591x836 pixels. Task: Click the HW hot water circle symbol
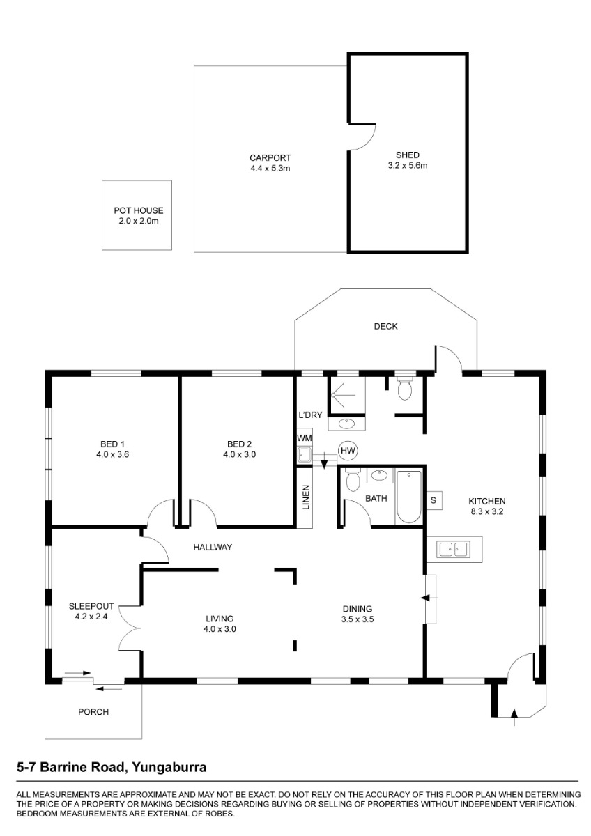[348, 451]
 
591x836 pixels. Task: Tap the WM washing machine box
[305, 438]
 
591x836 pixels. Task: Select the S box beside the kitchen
[433, 500]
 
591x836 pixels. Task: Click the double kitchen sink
[454, 550]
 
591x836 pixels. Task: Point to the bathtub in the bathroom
[409, 497]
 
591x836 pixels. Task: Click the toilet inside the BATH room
[353, 480]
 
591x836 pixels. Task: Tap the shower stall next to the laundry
[346, 396]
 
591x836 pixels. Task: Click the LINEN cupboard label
[306, 497]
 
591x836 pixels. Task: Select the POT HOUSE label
[139, 210]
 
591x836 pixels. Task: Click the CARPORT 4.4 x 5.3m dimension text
[270, 169]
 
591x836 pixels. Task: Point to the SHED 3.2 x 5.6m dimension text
[408, 165]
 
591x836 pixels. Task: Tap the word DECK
[385, 327]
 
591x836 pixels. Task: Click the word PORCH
[93, 712]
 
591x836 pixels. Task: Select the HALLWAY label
[213, 547]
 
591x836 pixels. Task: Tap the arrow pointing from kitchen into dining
[429, 598]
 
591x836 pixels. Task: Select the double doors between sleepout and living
[130, 628]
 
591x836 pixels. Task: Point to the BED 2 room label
[239, 444]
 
